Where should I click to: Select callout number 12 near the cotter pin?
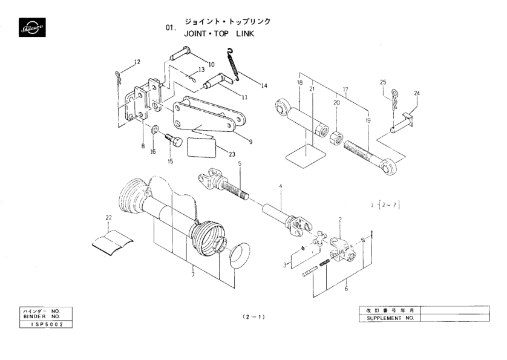(x=137, y=62)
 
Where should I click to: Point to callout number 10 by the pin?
(x=211, y=64)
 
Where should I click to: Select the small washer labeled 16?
(x=155, y=129)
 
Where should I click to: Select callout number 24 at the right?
(x=416, y=93)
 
